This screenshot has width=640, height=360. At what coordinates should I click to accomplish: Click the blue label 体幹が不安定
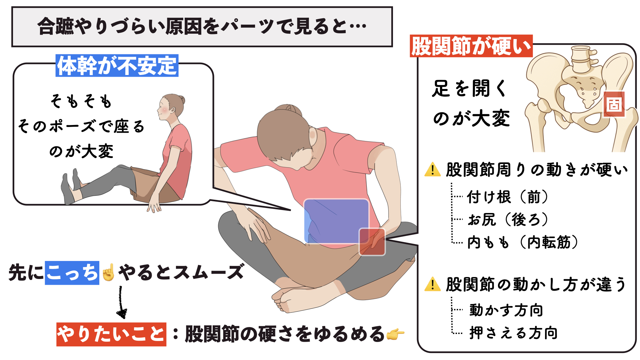coord(117,66)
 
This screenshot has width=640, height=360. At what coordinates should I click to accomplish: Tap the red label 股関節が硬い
coord(471,46)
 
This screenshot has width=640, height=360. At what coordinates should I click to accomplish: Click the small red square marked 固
coord(614,104)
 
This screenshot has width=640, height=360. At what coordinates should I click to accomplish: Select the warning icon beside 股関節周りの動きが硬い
coord(433,169)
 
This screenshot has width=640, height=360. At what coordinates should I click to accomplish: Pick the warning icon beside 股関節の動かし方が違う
coord(433,284)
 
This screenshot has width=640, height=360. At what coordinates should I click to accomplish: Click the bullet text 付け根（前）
coord(507,197)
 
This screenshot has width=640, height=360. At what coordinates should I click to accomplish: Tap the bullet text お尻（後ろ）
coord(507,219)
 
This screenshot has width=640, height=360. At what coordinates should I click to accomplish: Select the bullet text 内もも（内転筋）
coord(522,242)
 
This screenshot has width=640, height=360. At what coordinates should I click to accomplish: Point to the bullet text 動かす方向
coord(506,310)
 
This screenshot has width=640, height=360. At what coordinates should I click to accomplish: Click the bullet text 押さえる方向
coord(513,333)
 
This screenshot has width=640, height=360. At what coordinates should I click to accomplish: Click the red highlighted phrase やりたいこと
coord(111,334)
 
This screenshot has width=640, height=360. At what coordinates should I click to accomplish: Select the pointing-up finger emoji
coord(108,272)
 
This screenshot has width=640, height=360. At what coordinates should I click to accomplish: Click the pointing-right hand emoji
coord(395,334)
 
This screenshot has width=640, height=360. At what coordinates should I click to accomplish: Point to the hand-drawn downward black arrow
coord(121,302)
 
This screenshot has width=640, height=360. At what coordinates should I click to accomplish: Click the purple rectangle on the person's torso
coord(336,221)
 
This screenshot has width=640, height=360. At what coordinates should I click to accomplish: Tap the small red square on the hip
coord(372,242)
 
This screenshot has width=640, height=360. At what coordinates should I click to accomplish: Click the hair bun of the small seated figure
coord(181,100)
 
